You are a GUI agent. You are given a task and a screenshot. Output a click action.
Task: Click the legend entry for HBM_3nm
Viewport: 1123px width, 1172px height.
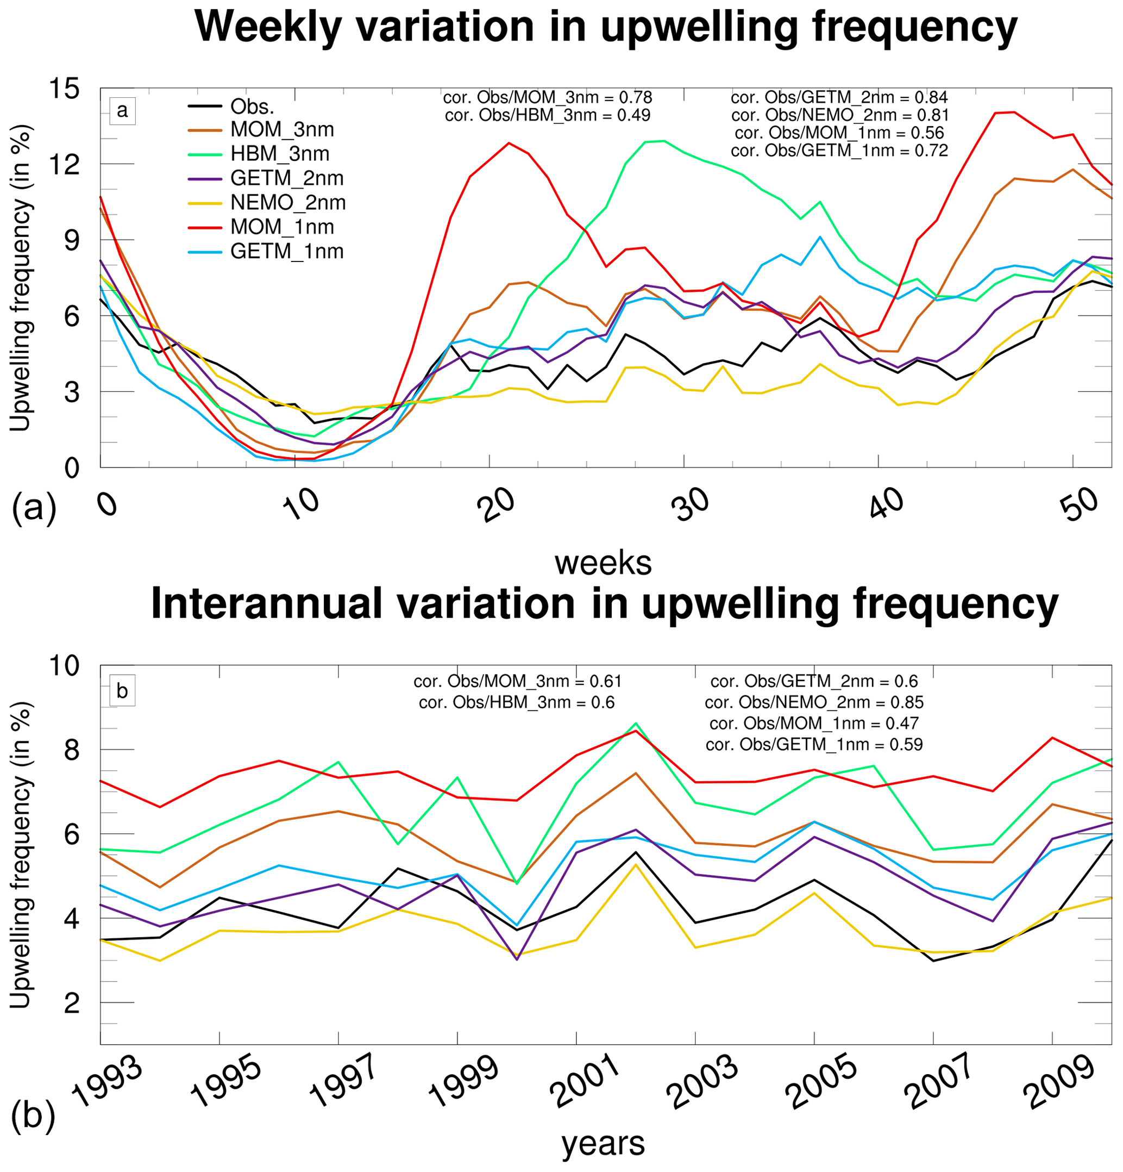(x=279, y=154)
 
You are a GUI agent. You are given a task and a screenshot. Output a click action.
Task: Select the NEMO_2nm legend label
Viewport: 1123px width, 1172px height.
(x=287, y=202)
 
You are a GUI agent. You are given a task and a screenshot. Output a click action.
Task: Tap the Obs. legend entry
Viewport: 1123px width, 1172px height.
(x=252, y=107)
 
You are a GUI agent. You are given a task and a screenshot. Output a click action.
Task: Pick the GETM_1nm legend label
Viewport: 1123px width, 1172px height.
(x=286, y=251)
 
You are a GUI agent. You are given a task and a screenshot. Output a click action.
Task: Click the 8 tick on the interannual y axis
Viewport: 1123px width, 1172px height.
(x=71, y=750)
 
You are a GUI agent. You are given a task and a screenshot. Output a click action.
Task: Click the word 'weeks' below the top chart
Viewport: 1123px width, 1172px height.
(x=603, y=563)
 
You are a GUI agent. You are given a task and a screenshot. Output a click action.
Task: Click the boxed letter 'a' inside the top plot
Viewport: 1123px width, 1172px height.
(x=122, y=111)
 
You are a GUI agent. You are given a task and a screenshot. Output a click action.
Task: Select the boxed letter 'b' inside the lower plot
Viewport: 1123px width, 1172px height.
(x=122, y=690)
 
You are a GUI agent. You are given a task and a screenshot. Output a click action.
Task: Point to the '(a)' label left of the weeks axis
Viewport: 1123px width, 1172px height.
(x=34, y=508)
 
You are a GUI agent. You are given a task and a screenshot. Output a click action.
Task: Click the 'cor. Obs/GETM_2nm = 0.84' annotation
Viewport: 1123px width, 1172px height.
(x=839, y=97)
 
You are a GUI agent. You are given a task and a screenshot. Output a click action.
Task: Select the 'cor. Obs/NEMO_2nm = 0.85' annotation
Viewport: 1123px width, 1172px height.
(x=813, y=702)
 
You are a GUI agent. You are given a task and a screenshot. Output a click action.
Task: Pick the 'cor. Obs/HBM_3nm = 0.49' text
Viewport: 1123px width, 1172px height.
(x=548, y=115)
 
